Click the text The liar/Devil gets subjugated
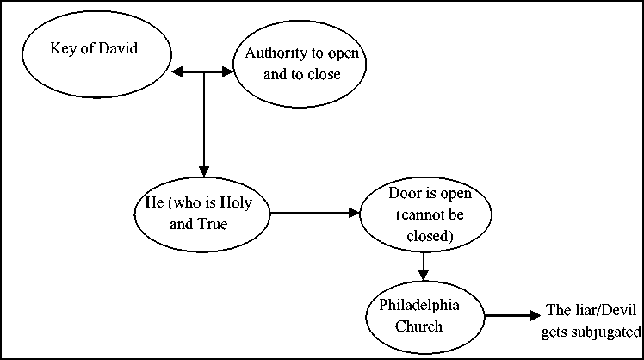tap(591, 321)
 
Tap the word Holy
tap(236, 202)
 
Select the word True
tap(213, 224)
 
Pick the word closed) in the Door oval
tap(430, 236)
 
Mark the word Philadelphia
tap(419, 306)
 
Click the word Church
tap(419, 326)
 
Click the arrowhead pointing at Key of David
tap(177, 72)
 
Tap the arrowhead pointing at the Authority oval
tap(227, 72)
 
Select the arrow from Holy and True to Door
tap(315, 213)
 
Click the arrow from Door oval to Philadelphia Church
tap(424, 267)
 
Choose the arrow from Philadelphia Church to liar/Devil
tap(512, 316)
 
